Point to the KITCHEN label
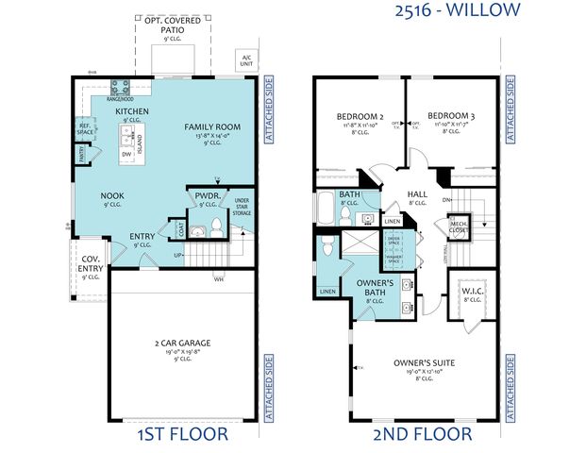point(132,111)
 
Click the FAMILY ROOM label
point(211,126)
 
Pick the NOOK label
point(112,195)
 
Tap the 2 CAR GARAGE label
point(182,342)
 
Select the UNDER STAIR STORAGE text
point(242,207)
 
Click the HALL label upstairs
point(417,195)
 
